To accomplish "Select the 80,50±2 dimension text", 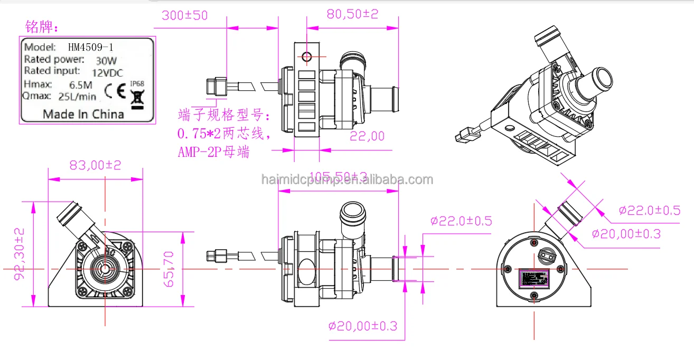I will pos(352,14).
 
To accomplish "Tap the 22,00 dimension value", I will pos(368,136).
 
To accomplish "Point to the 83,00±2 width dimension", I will pos(96,165).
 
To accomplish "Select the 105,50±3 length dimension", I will pos(338,176).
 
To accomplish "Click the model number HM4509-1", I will pos(90,47).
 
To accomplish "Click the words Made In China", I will pos(83,114).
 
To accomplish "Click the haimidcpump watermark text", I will pos(347,180).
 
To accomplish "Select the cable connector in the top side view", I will pos(217,86).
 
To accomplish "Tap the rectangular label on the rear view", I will pos(534,278).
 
